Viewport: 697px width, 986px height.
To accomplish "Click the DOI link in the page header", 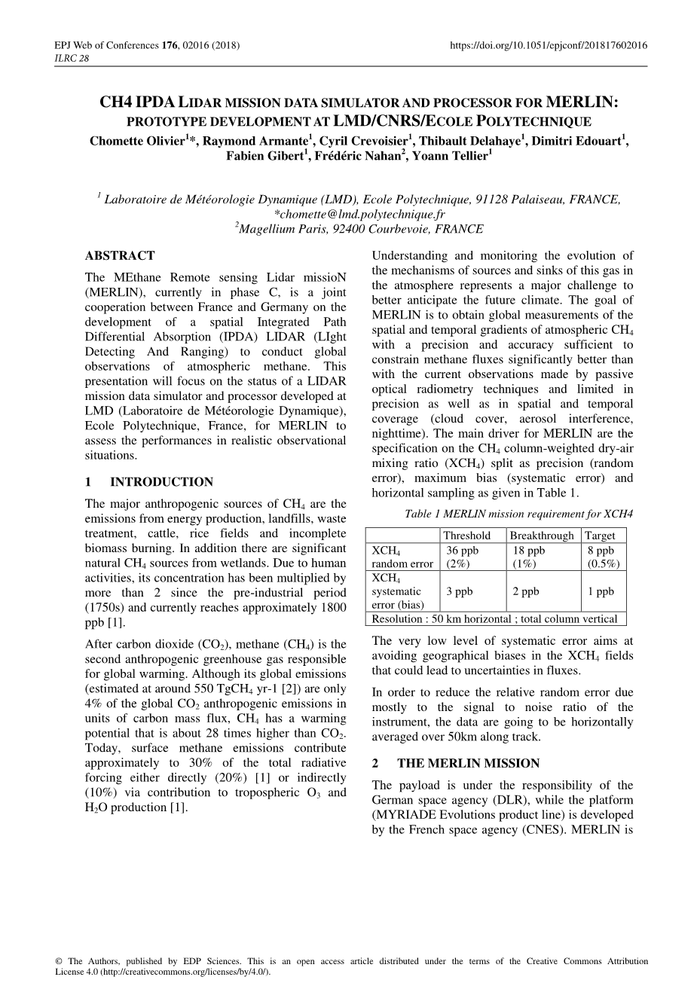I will coord(548,45).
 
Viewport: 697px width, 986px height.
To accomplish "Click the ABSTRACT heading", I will coord(120,255).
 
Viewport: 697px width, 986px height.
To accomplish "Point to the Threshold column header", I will coord(468,536).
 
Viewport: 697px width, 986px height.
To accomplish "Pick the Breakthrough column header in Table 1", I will coord(542,536).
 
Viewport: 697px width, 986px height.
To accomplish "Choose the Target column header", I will coord(601,536).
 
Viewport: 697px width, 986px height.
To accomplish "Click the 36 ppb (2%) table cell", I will coord(463,557).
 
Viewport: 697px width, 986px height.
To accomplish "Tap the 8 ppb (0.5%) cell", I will coord(604,557).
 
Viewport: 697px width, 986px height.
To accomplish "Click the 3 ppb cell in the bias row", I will coord(460,591).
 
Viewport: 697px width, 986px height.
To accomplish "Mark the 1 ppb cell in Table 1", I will coord(601,591).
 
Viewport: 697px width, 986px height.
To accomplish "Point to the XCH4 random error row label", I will coord(402,557).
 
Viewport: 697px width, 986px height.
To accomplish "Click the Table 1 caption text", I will coord(518,514).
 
